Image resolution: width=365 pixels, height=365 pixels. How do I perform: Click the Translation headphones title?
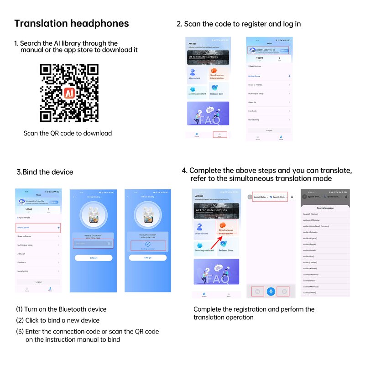pyautogui.click(x=72, y=24)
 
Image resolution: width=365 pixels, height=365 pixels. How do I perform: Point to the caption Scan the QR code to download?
pyautogui.click(x=68, y=133)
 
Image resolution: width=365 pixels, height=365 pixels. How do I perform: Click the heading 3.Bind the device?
pyautogui.click(x=45, y=172)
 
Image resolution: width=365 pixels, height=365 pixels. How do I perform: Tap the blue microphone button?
pyautogui.click(x=271, y=291)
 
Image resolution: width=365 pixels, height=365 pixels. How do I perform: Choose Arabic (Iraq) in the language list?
pyautogui.click(x=309, y=256)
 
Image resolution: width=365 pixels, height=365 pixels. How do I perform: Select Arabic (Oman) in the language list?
pyautogui.click(x=310, y=292)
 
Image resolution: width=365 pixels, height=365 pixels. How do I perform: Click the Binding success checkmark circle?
pyautogui.click(x=147, y=245)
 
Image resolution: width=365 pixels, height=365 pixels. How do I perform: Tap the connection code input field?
pyautogui.click(x=94, y=244)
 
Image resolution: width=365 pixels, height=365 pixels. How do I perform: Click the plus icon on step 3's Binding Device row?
pyautogui.click(x=58, y=227)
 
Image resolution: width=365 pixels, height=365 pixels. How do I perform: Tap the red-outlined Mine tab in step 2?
pyautogui.click(x=219, y=136)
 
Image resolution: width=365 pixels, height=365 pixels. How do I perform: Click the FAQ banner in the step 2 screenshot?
pyautogui.click(x=209, y=113)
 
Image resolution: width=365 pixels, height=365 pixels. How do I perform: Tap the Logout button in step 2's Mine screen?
pyautogui.click(x=269, y=130)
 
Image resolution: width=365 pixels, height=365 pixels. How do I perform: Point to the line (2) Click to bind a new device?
pyautogui.click(x=58, y=320)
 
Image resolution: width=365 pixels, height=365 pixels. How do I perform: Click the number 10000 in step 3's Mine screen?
pyautogui.click(x=29, y=209)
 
